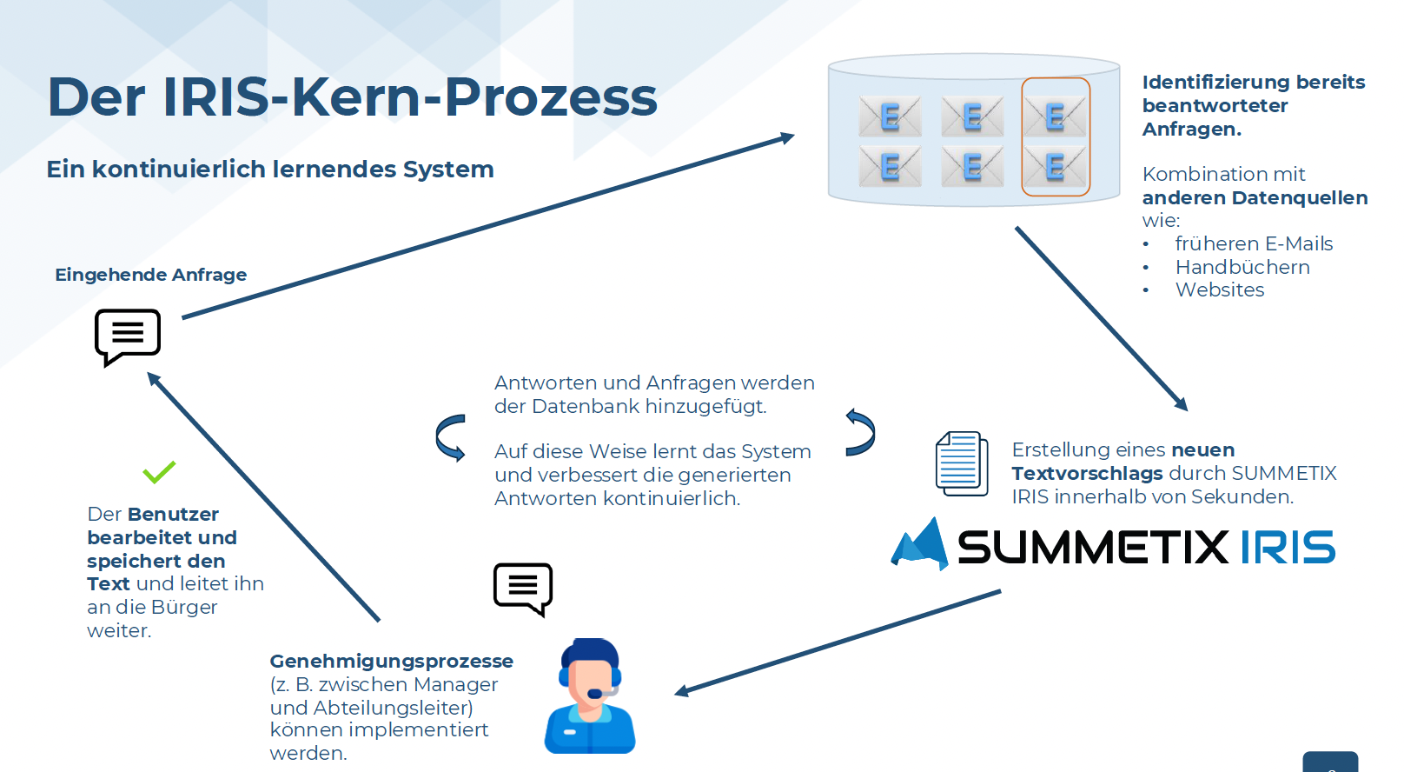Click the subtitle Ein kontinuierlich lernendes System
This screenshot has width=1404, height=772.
pos(270,169)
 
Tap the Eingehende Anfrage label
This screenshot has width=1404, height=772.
pos(150,275)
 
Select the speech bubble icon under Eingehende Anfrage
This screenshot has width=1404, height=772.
pos(128,336)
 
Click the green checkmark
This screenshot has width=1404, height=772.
pos(159,472)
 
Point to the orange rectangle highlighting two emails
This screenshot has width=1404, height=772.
pos(1056,137)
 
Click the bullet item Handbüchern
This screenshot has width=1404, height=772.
pos(1242,267)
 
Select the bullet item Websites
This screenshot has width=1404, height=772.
pos(1220,290)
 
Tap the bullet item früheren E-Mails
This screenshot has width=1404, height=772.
pos(1254,243)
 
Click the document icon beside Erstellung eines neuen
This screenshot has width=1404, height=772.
pos(961,463)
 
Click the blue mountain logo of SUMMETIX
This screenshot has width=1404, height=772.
pos(921,545)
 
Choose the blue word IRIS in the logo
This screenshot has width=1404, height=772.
pos(1287,548)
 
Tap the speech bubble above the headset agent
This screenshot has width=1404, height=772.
pos(523,588)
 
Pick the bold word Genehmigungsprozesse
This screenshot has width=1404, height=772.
pos(391,661)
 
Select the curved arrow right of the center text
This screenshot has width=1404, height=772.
pos(860,432)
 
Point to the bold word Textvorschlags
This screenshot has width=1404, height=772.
pos(1086,473)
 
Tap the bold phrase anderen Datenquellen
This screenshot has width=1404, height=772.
pos(1255,197)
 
